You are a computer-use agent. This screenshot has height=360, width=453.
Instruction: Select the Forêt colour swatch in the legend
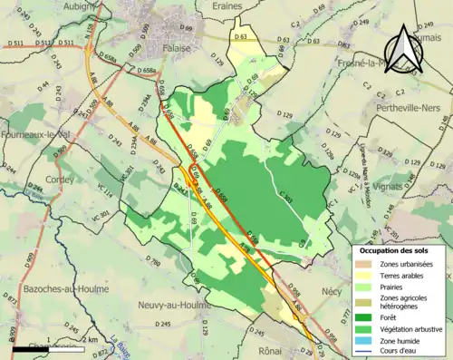pos(363,316)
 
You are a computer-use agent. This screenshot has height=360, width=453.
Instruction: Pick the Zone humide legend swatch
pos(363,341)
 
